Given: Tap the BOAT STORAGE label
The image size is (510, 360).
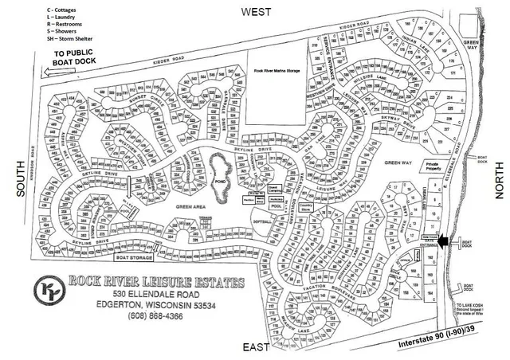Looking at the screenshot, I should point(134,257).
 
